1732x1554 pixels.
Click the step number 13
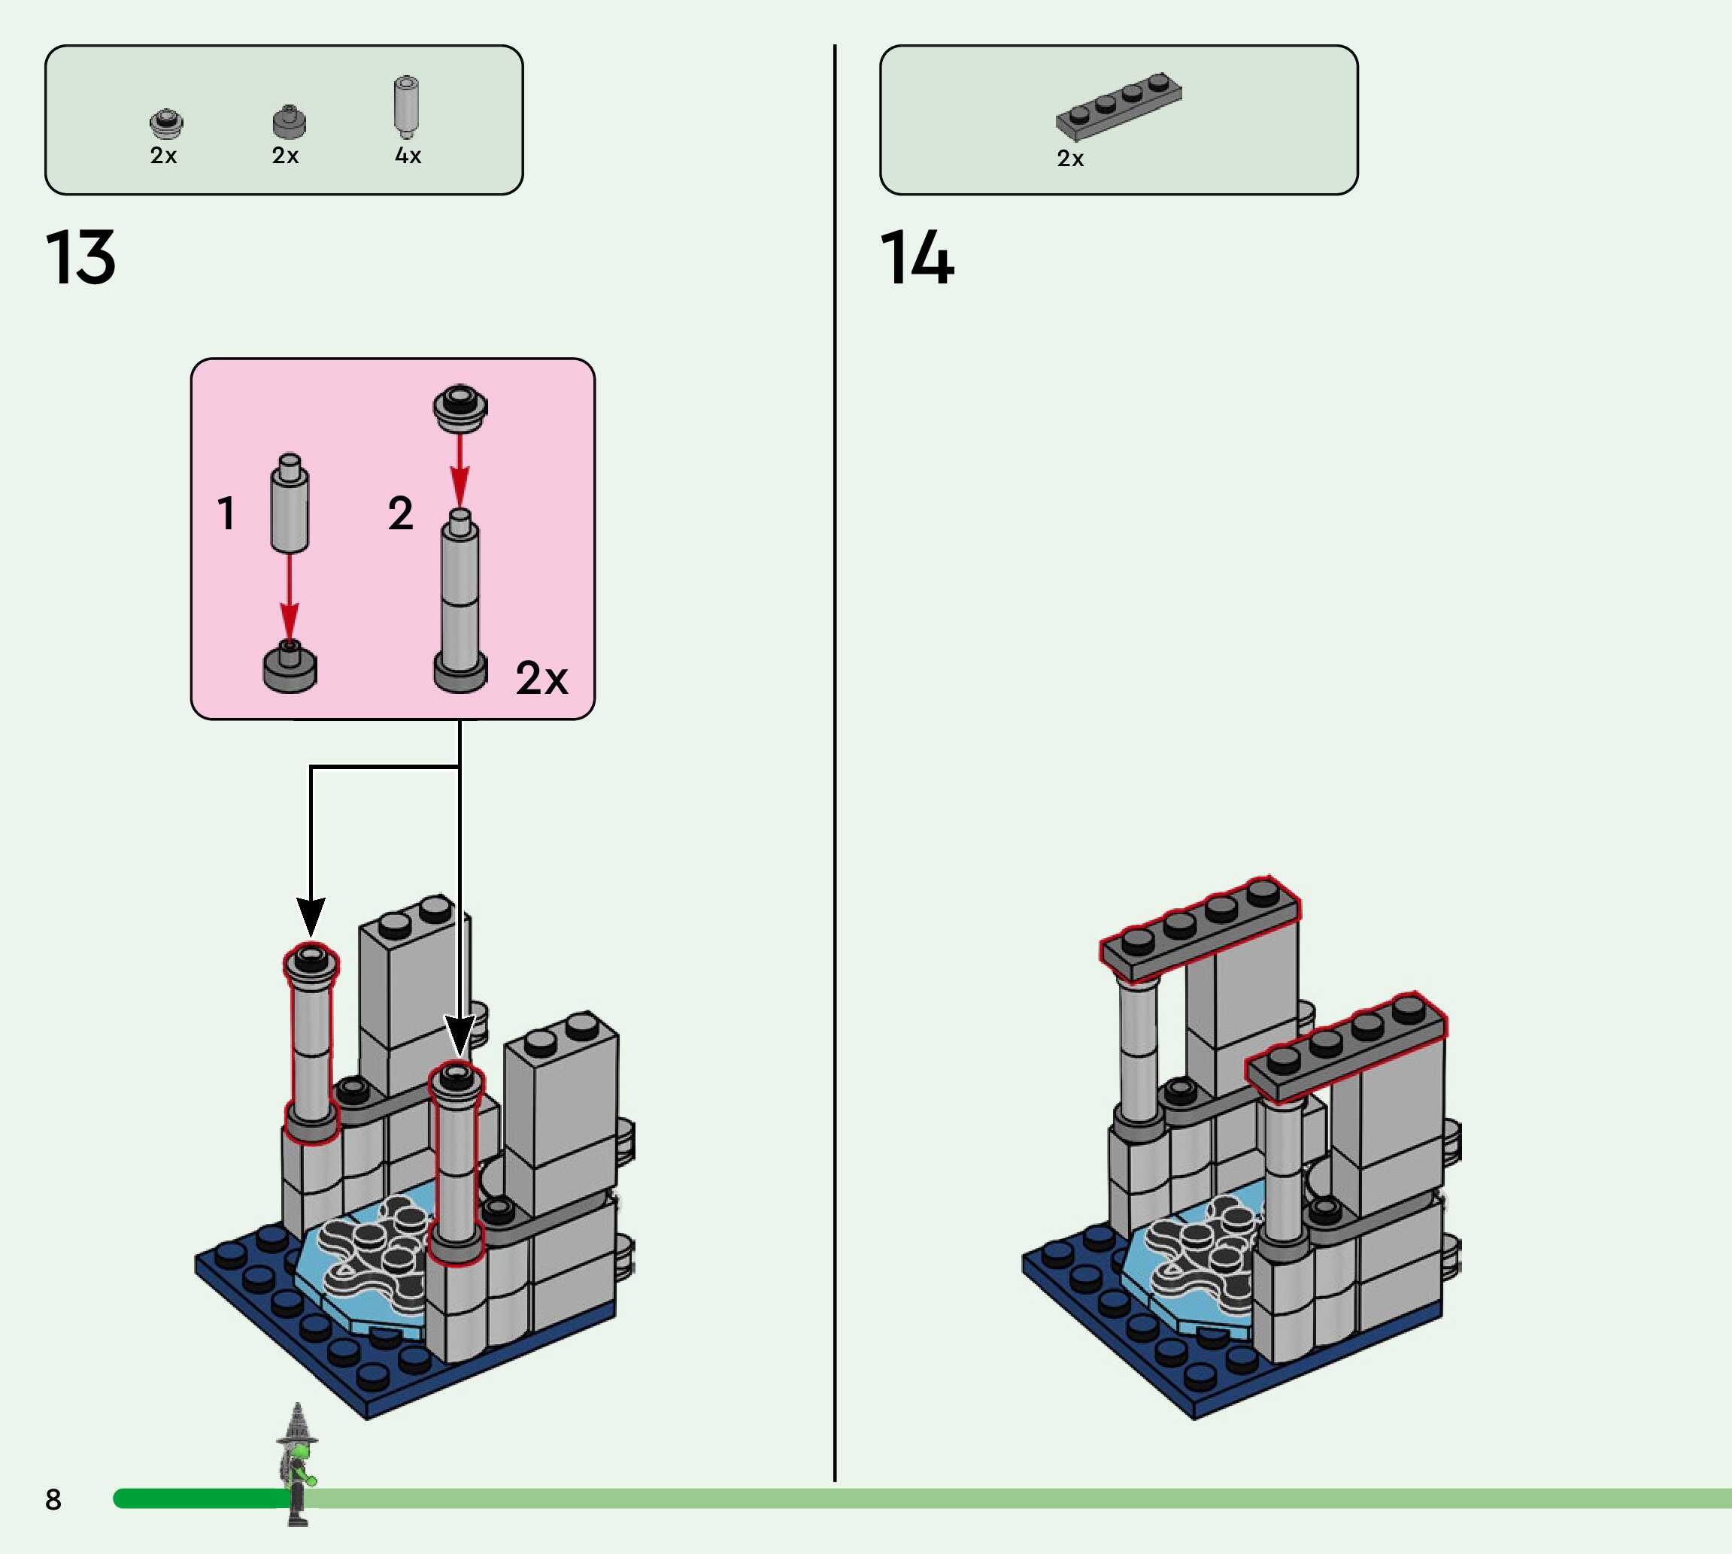pyautogui.click(x=80, y=257)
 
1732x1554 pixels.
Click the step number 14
pyautogui.click(x=917, y=257)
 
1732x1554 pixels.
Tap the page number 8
pyautogui.click(x=53, y=1499)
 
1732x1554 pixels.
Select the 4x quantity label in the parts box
pyautogui.click(x=408, y=156)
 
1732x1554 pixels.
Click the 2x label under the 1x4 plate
pyautogui.click(x=1070, y=159)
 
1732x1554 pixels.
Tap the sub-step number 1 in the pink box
pyautogui.click(x=226, y=513)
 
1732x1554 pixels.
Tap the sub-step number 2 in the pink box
pyautogui.click(x=401, y=513)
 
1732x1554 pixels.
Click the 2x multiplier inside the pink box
pyautogui.click(x=541, y=678)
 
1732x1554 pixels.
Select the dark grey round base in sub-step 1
pyautogui.click(x=290, y=667)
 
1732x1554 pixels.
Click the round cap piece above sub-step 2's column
pyautogui.click(x=460, y=408)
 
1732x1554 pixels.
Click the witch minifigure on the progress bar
pyautogui.click(x=296, y=1464)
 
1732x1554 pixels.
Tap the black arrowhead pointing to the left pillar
pyautogui.click(x=311, y=916)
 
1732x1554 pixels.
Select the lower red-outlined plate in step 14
pyautogui.click(x=1346, y=1049)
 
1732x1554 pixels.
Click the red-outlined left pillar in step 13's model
pyautogui.click(x=311, y=1044)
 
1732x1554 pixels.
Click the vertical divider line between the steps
pyautogui.click(x=834, y=762)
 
